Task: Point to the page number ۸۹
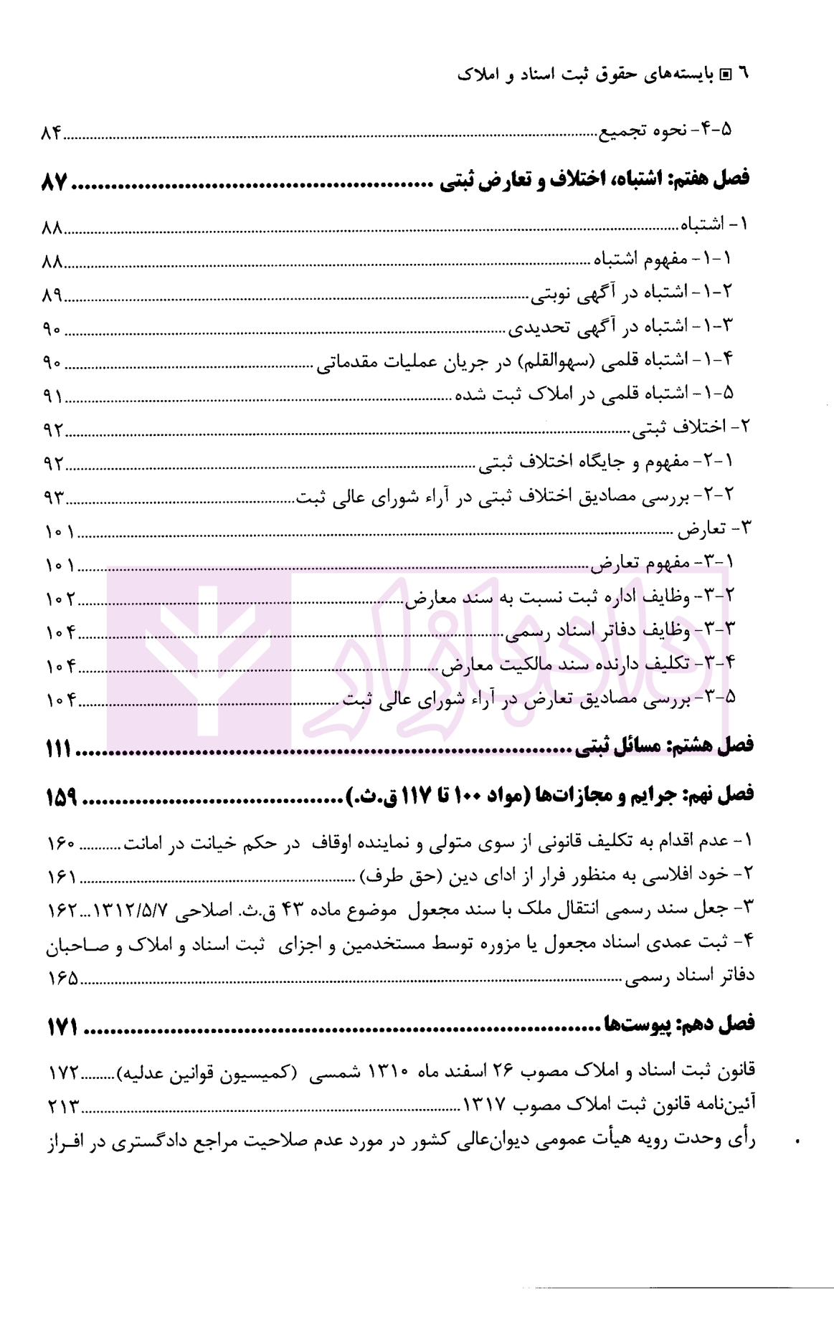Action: [52, 296]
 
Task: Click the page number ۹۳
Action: [52, 496]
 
